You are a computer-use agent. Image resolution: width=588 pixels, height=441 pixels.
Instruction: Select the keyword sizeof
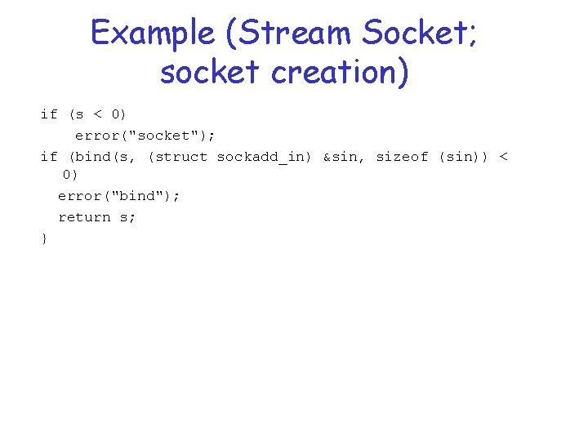[x=402, y=157]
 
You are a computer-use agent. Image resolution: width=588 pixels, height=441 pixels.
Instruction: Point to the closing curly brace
[x=44, y=238]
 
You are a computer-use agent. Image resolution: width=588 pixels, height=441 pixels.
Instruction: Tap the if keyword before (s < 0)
[x=49, y=114]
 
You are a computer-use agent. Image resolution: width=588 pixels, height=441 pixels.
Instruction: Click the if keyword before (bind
[x=49, y=157]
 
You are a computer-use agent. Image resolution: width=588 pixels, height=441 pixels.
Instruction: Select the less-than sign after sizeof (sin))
[x=503, y=157]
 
